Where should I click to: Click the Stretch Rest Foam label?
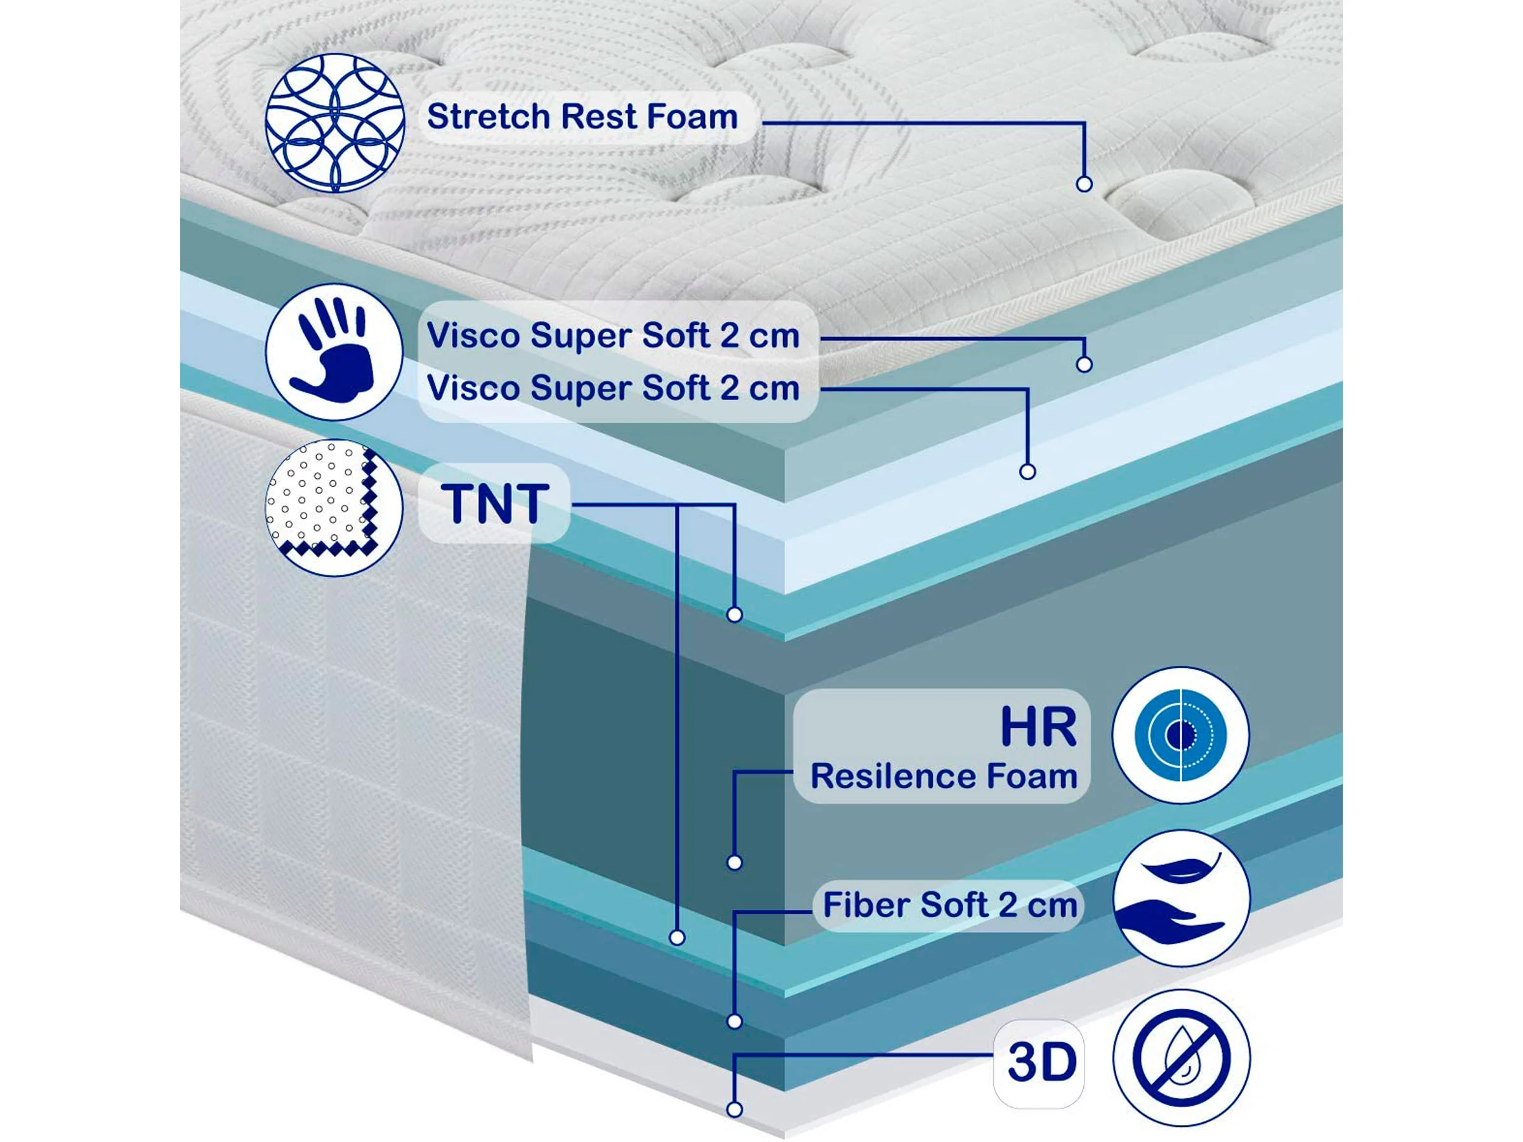pyautogui.click(x=582, y=116)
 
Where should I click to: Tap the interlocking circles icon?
pyautogui.click(x=334, y=122)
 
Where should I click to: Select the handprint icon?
pyautogui.click(x=334, y=351)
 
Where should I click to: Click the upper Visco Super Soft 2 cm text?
pyautogui.click(x=612, y=336)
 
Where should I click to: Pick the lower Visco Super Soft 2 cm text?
pyautogui.click(x=612, y=388)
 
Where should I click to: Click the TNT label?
pyautogui.click(x=494, y=504)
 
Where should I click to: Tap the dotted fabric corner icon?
pyautogui.click(x=334, y=508)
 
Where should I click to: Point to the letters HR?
pyautogui.click(x=1038, y=727)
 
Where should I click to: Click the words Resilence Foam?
pyautogui.click(x=943, y=776)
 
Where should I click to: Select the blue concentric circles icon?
pyautogui.click(x=1180, y=735)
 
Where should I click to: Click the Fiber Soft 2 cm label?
pyautogui.click(x=949, y=905)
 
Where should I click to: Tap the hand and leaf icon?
pyautogui.click(x=1180, y=898)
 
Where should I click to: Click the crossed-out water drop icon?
pyautogui.click(x=1181, y=1058)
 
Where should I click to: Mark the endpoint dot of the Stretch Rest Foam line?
pyautogui.click(x=1084, y=184)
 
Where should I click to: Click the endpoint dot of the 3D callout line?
pyautogui.click(x=735, y=1109)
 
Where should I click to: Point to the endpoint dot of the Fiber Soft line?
pyautogui.click(x=735, y=1021)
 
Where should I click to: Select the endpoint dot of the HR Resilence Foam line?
pyautogui.click(x=735, y=862)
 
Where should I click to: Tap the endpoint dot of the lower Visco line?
pyautogui.click(x=1027, y=471)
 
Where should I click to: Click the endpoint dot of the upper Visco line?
pyautogui.click(x=1084, y=364)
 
